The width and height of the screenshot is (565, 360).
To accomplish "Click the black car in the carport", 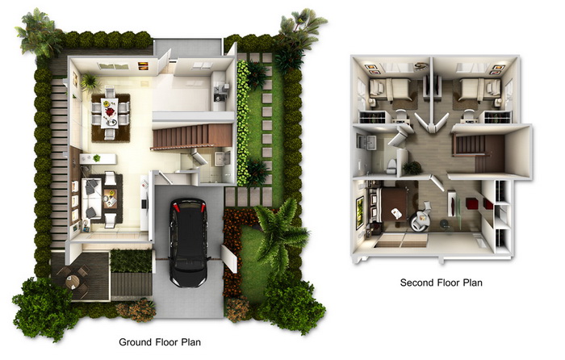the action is (x=188, y=241).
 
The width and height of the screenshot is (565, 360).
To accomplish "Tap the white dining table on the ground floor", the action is (x=109, y=113).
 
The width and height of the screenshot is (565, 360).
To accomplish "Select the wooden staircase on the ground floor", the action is (x=192, y=136).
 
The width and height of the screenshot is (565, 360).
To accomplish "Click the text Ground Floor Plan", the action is (x=160, y=341).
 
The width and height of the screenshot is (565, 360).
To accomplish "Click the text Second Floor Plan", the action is (x=441, y=283).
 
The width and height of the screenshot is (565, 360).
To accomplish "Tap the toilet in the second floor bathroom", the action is (x=391, y=165).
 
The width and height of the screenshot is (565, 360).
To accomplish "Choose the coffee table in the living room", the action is (x=110, y=199).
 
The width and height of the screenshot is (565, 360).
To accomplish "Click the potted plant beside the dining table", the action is (x=90, y=83).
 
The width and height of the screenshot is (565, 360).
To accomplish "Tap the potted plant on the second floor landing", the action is (x=412, y=168).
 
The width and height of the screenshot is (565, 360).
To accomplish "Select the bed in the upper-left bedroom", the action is (x=390, y=90).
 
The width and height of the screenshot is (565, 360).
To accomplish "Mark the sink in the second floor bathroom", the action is (x=366, y=142).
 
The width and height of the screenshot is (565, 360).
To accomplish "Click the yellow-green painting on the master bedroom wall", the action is (x=360, y=212).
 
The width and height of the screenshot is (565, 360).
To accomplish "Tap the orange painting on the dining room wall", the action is (x=143, y=66).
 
